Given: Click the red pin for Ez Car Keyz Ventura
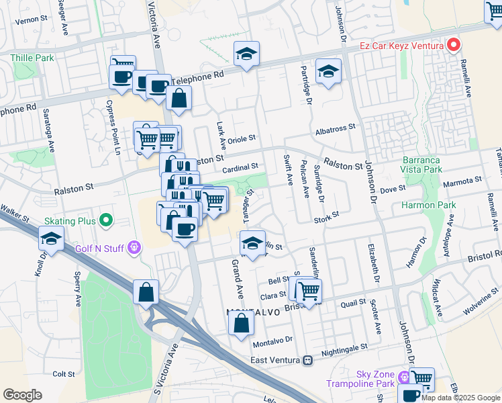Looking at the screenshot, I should tap(454, 45).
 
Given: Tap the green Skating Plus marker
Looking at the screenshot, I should tap(105, 220).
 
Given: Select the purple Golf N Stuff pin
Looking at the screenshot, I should tap(135, 248).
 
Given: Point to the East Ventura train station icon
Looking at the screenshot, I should tap(307, 360).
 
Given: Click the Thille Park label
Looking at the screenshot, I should tap(32, 58).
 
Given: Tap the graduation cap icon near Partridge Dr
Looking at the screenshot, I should tap(328, 72).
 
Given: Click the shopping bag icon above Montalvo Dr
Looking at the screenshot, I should tap(241, 323).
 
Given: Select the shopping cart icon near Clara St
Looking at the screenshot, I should tap(309, 292).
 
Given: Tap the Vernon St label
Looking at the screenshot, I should tap(29, 20).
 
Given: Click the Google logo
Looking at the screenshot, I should tap(22, 395).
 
